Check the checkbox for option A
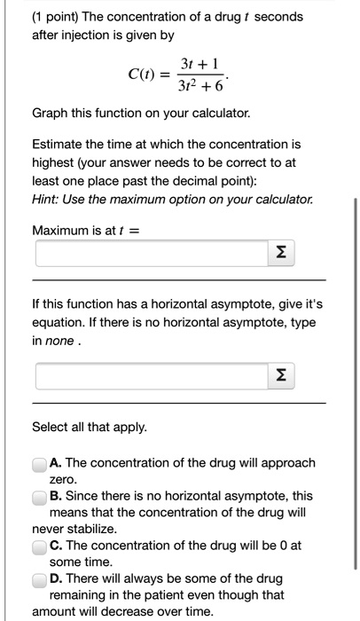(x=39, y=463)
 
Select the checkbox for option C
(x=39, y=546)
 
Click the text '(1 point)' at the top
(x=59, y=17)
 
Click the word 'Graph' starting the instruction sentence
(x=51, y=114)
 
